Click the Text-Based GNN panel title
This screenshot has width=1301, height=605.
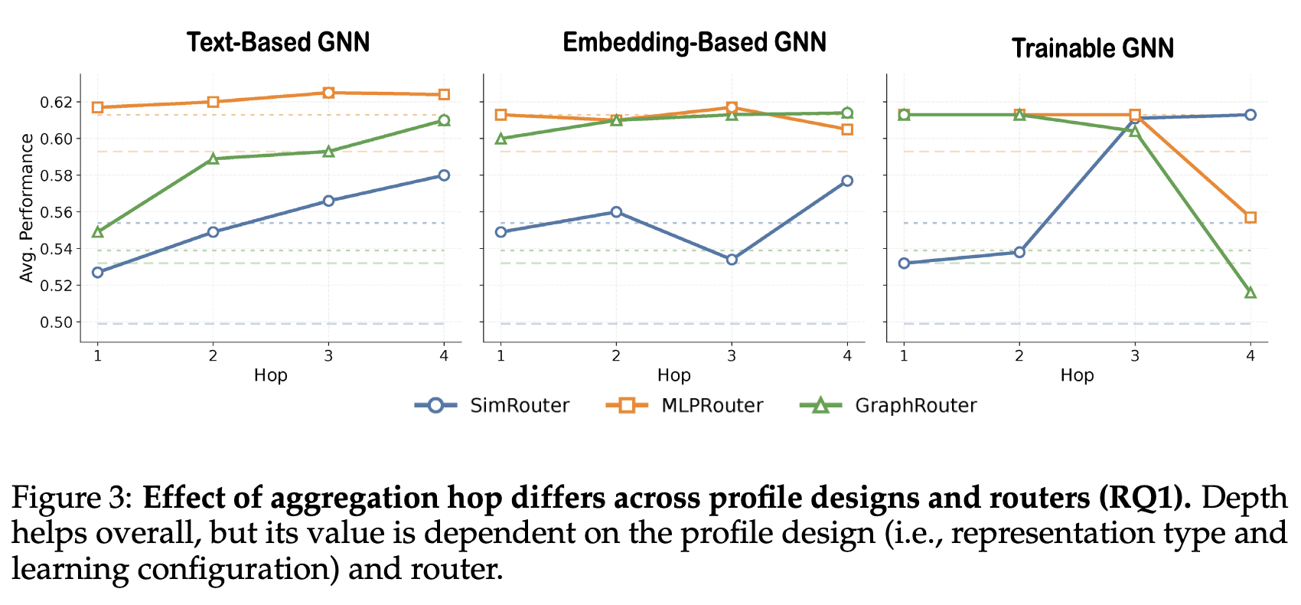278,42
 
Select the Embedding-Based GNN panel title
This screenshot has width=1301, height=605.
694,42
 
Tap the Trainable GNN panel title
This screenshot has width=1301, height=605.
1092,48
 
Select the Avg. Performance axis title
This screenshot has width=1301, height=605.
27,208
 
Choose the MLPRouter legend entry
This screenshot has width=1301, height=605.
686,405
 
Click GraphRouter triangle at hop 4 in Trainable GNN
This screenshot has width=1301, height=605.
1250,293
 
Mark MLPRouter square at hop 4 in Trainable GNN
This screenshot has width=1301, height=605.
1250,217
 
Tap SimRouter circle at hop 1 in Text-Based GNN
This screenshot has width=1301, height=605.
98,272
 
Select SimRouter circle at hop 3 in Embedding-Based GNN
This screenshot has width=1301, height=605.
732,260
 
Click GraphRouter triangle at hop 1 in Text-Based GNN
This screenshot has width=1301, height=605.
98,231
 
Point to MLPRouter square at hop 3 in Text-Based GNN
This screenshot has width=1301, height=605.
328,93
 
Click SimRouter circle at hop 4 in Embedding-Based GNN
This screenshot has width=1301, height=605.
847,181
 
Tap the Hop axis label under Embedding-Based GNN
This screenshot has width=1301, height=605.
673,375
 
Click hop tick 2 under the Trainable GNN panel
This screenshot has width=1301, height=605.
1019,355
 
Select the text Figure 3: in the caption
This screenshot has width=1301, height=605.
73,499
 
